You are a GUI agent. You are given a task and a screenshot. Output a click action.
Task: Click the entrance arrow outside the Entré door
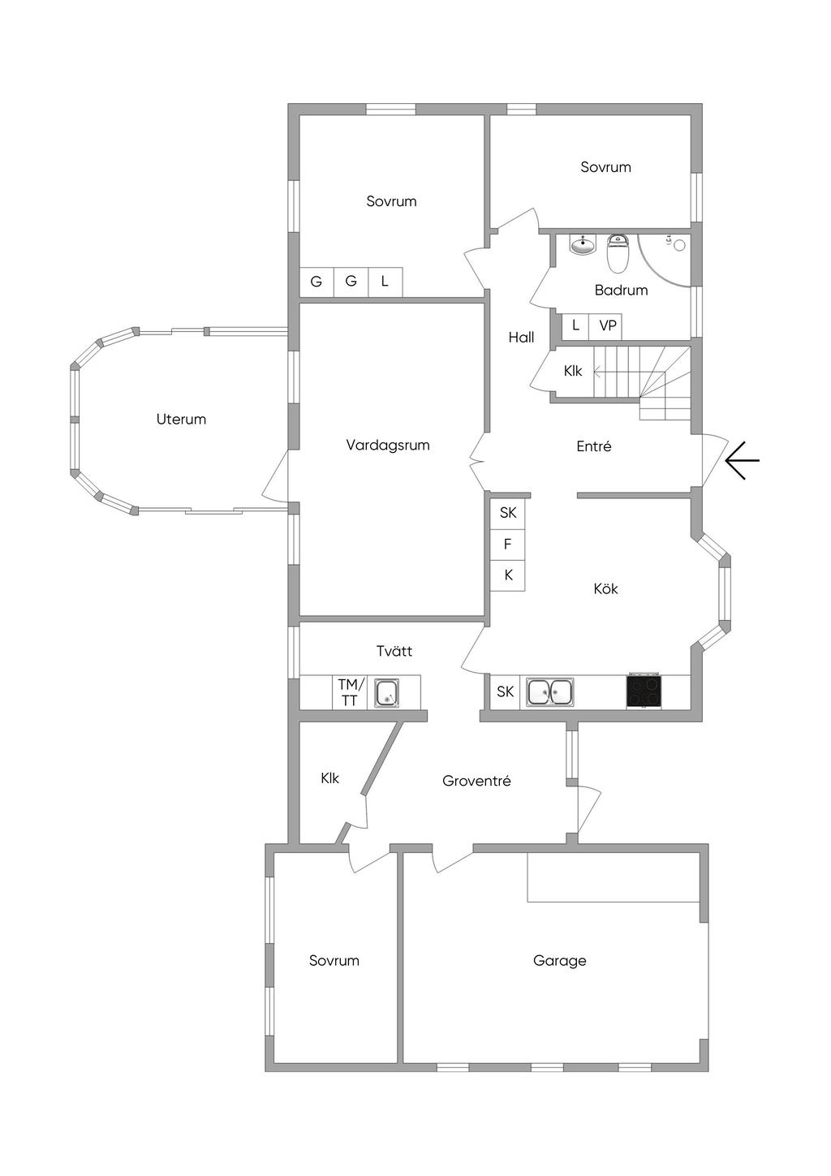[x=742, y=461]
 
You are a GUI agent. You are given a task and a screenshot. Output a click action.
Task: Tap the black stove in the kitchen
[x=644, y=691]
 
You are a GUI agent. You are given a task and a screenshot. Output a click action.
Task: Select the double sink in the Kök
[x=550, y=691]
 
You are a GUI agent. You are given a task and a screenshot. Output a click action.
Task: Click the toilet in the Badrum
[x=618, y=254]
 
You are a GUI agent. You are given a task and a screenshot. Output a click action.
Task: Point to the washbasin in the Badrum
[x=582, y=243]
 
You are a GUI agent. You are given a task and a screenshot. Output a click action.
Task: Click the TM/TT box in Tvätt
[x=350, y=692]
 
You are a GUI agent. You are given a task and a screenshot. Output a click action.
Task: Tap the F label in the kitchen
[x=508, y=544]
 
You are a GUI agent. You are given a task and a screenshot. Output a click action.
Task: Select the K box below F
[x=508, y=575]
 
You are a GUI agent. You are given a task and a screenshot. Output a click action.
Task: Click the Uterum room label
[x=181, y=420]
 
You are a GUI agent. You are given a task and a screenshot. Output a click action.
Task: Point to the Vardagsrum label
[x=388, y=445]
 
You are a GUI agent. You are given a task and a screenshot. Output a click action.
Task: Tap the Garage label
[x=559, y=961]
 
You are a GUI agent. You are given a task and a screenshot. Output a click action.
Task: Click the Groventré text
[x=476, y=781]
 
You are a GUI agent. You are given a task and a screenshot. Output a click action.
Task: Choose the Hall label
[x=521, y=338]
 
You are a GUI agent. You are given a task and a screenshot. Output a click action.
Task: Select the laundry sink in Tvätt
[x=386, y=693]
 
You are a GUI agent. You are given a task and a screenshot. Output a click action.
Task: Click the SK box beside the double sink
[x=506, y=692]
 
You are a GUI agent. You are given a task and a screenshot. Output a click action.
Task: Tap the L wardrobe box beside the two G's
[x=385, y=282]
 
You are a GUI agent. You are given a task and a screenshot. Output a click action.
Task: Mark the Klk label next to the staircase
[x=573, y=371]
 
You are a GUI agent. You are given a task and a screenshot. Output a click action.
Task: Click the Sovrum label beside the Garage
[x=334, y=961]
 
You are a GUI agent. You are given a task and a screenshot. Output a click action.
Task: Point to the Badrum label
[x=621, y=290]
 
